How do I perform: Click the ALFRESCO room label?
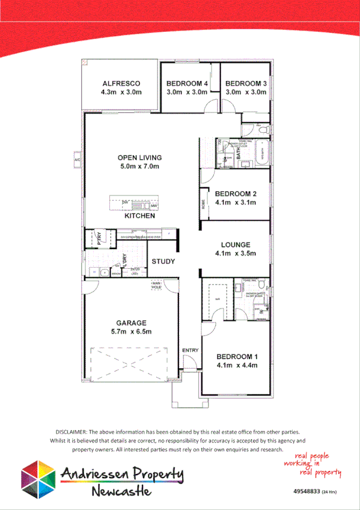[121, 83]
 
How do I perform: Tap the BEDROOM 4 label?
[186, 83]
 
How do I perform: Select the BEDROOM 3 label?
[245, 83]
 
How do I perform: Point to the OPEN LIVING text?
[139, 158]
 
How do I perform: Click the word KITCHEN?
[139, 215]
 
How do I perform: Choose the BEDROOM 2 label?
[236, 194]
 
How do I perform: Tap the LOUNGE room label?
[236, 245]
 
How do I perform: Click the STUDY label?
[163, 262]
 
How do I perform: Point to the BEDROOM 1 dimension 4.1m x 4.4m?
[237, 365]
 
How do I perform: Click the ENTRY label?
[190, 351]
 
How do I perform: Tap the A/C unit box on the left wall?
[77, 161]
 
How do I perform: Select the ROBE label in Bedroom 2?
[204, 204]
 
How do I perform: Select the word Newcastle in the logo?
[122, 492]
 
